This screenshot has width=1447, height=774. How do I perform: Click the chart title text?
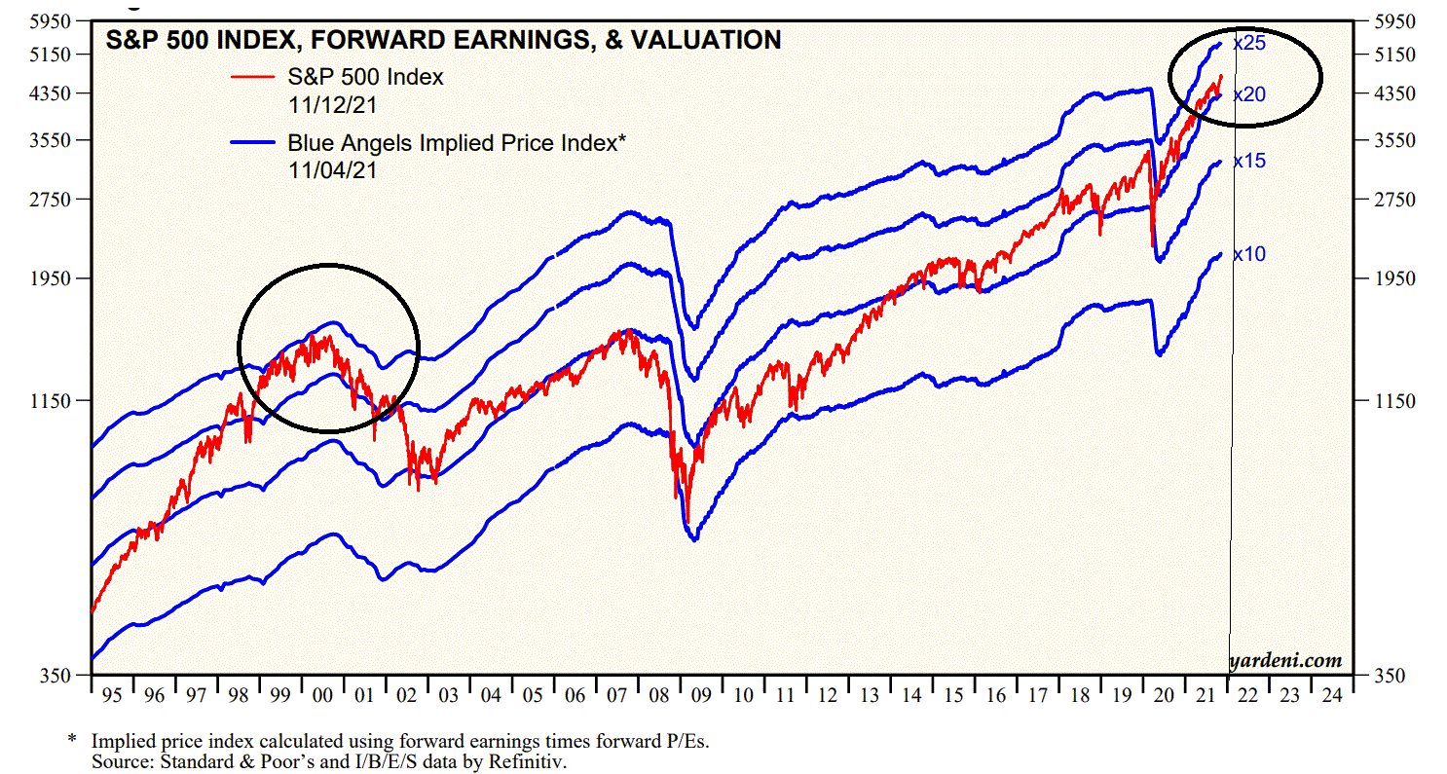tap(443, 40)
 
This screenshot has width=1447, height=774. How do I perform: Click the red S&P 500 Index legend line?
tap(256, 76)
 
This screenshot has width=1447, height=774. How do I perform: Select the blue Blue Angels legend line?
tap(256, 143)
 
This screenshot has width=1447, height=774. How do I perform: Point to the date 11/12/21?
tap(332, 102)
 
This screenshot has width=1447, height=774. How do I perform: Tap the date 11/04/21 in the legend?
tap(332, 169)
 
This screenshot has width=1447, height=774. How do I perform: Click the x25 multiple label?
tap(1248, 44)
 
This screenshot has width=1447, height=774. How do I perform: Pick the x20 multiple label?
tap(1248, 94)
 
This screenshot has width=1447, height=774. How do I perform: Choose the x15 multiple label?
tap(1248, 161)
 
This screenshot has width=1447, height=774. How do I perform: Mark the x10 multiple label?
tap(1248, 254)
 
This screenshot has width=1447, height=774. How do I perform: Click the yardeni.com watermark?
tap(1284, 661)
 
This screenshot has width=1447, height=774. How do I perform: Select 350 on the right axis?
tap(1388, 675)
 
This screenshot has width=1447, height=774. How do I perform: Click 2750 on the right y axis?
tap(1392, 200)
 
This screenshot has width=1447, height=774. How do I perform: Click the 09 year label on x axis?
tap(701, 696)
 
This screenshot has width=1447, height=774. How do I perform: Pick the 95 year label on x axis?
tap(111, 696)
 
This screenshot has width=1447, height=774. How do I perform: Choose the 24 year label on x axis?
tap(1330, 696)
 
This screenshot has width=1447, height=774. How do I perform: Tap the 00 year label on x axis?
tap(322, 696)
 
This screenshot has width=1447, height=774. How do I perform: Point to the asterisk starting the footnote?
tap(71, 741)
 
